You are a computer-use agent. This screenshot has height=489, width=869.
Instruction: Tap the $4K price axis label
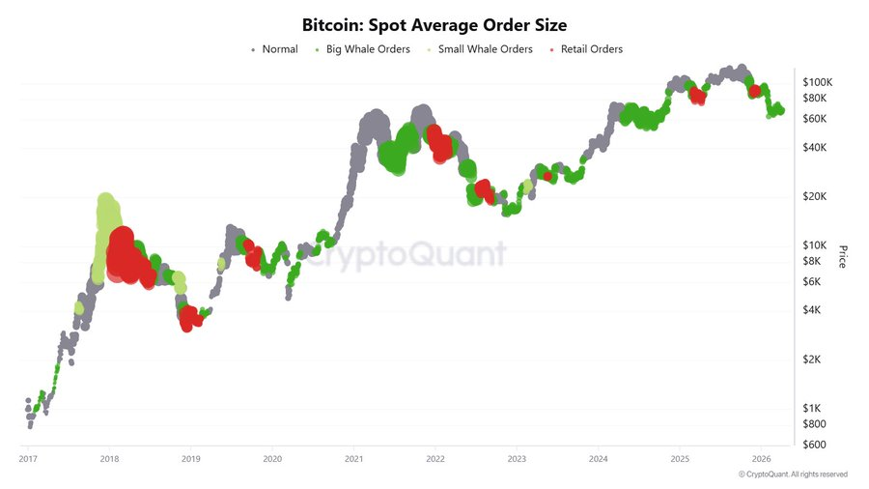[813, 309]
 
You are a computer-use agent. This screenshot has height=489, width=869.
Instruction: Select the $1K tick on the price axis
[813, 408]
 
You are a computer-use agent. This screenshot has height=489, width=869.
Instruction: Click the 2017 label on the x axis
[28, 458]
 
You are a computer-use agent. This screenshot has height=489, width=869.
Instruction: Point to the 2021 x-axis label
[353, 458]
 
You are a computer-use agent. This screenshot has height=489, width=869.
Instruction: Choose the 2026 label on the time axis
[761, 458]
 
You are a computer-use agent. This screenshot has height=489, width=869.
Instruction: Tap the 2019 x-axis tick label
[191, 458]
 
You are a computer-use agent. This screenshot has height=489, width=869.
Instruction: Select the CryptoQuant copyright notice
[793, 475]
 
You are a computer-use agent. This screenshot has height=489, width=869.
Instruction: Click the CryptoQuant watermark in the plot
[406, 253]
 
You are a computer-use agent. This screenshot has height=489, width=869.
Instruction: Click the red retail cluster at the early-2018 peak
[123, 253]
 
